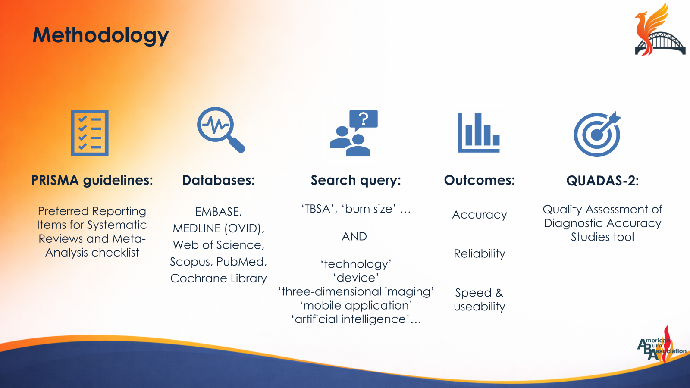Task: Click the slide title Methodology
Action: (x=100, y=35)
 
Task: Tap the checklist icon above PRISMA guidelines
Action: (x=90, y=133)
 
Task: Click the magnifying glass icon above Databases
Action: (x=220, y=129)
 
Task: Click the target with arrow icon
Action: (x=597, y=134)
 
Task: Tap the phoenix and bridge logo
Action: (x=659, y=30)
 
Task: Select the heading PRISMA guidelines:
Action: (x=92, y=180)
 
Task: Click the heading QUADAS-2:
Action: (x=602, y=181)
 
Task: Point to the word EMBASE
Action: (x=217, y=212)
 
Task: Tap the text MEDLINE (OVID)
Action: (x=218, y=228)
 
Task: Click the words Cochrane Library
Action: (x=219, y=278)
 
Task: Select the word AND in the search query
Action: (x=354, y=237)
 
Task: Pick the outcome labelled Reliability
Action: (x=479, y=254)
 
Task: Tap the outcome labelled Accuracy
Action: (x=479, y=215)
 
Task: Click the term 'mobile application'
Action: (x=356, y=306)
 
